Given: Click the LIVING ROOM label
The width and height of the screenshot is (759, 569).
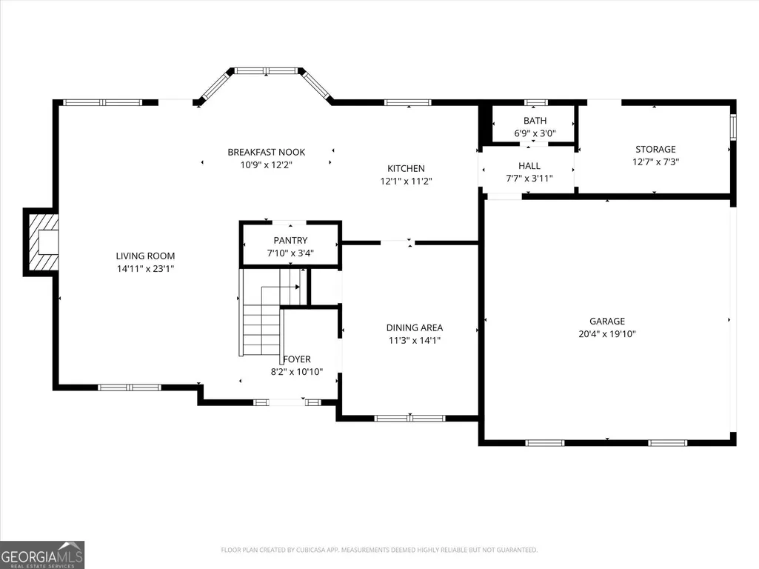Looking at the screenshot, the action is point(145,256).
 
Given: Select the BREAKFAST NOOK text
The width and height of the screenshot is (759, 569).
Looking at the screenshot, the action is point(267,152).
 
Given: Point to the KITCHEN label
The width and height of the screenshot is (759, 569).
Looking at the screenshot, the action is point(406,168).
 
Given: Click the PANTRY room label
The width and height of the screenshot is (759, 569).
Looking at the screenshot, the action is point(290,240).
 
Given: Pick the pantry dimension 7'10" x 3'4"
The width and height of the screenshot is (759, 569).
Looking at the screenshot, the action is point(290,253).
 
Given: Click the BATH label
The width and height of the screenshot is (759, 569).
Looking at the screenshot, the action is point(535,121).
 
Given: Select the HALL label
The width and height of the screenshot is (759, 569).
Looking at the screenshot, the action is point(529,166).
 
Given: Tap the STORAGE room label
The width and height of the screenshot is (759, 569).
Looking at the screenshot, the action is point(655,149).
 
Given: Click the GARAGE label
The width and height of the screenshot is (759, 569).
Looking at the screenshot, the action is point(607,321).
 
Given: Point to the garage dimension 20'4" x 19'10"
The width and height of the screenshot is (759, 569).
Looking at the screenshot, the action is point(607,333).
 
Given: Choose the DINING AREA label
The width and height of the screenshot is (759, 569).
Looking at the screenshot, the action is point(415,327).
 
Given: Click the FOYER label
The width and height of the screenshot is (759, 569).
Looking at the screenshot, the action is point(297,359).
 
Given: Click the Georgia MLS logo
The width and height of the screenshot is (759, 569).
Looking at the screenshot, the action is point(42,555).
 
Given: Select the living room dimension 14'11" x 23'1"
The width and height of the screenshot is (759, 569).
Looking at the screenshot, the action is point(145,268).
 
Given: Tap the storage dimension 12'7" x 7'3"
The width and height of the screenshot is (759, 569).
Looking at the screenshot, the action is point(655,162).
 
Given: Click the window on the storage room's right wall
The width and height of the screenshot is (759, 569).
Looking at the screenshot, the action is point(733,127).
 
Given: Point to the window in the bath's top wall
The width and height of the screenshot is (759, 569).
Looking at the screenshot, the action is point(536,102).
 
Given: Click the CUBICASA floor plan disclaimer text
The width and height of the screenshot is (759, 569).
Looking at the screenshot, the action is point(379,550).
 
